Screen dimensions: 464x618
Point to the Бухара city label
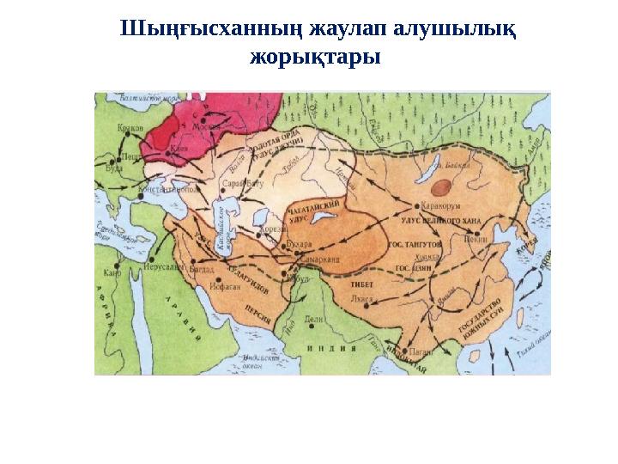[x=300, y=245]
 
